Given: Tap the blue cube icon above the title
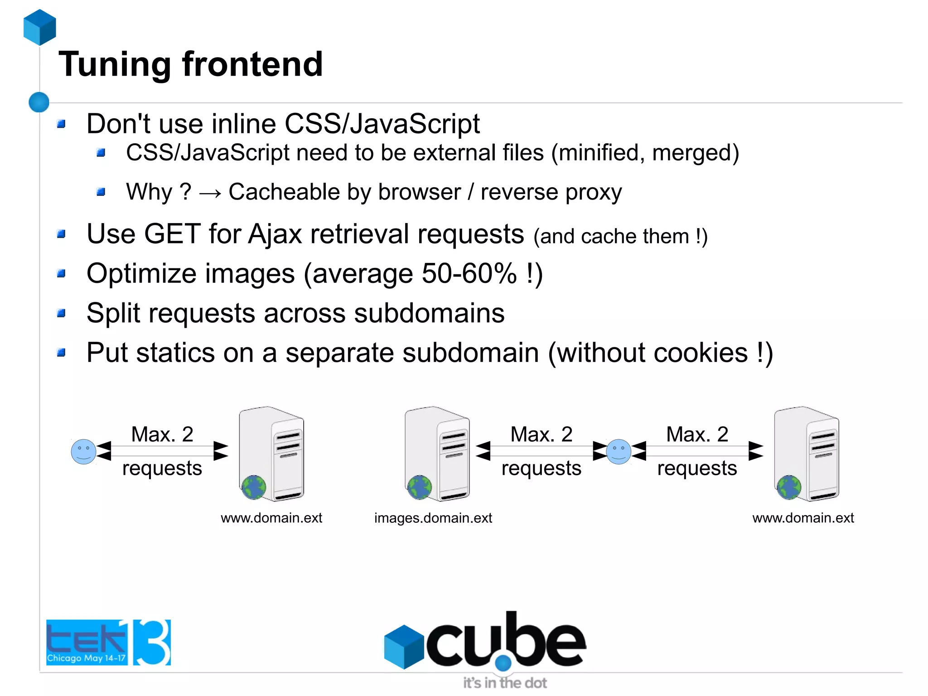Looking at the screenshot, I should click(40, 27).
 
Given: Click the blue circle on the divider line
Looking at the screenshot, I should click(39, 102).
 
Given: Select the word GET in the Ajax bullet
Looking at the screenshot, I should click(172, 234).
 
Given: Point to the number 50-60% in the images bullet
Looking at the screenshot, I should click(469, 273).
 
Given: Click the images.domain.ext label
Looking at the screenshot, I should click(433, 518).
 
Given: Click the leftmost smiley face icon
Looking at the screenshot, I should click(84, 452).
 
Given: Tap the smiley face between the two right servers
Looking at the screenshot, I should click(619, 452).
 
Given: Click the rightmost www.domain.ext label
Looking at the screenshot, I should click(803, 518).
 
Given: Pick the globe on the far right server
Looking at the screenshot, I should click(789, 487).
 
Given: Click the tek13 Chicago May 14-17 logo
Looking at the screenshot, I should click(108, 642).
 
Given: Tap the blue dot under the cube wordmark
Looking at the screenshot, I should click(503, 663).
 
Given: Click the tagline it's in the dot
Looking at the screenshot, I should click(505, 683).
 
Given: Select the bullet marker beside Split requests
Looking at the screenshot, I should click(62, 313).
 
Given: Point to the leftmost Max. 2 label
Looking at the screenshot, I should click(162, 434).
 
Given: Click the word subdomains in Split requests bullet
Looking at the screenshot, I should click(429, 313).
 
